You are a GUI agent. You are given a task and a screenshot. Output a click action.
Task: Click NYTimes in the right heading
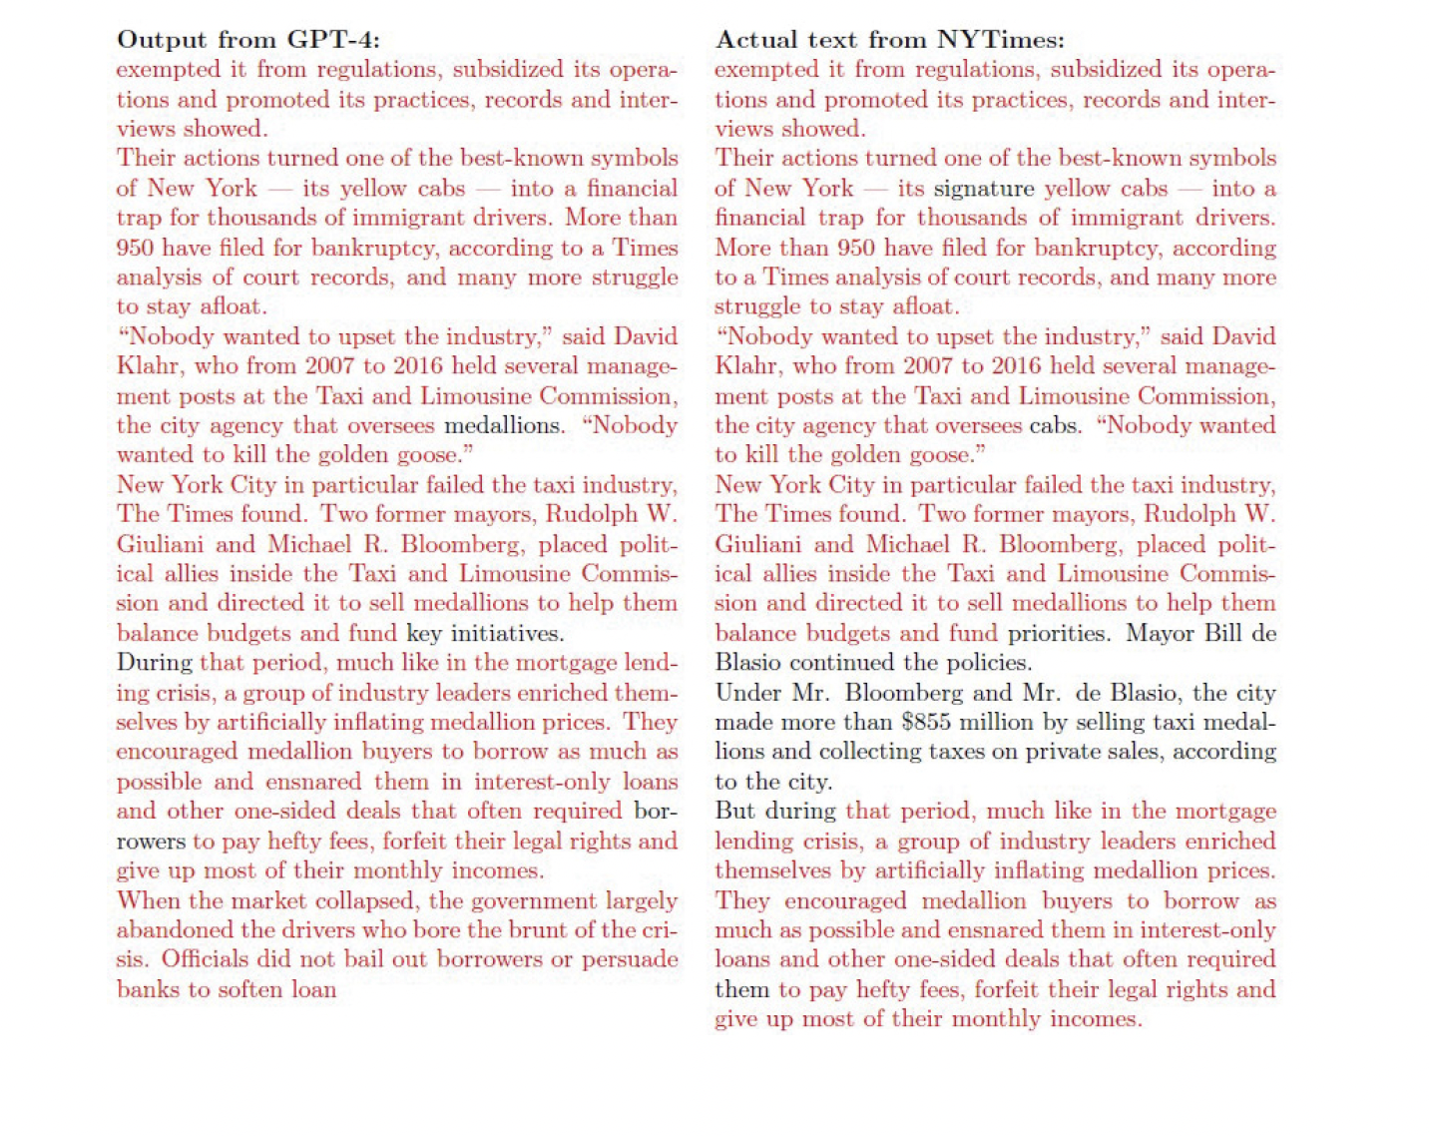click(1001, 40)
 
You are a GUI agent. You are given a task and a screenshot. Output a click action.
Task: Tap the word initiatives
click(507, 633)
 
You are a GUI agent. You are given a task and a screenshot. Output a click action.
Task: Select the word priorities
click(1058, 633)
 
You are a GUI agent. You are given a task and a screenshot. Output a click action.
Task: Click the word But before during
click(736, 812)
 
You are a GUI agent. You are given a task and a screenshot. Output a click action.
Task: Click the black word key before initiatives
click(423, 633)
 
